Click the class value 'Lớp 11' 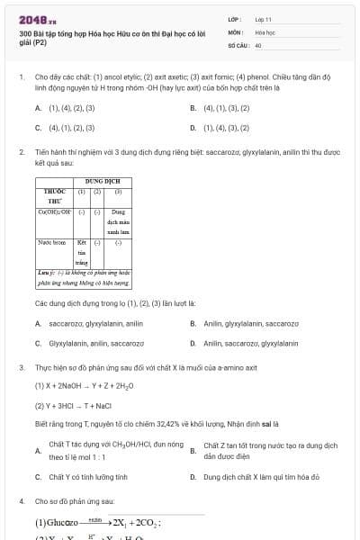pos(263,18)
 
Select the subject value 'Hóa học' pos(265,31)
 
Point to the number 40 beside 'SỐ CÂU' pos(258,43)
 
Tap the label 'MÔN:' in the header pos(235,31)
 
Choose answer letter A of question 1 pos(38,108)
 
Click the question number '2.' pos(22,152)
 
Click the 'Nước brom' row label pos(51,242)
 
